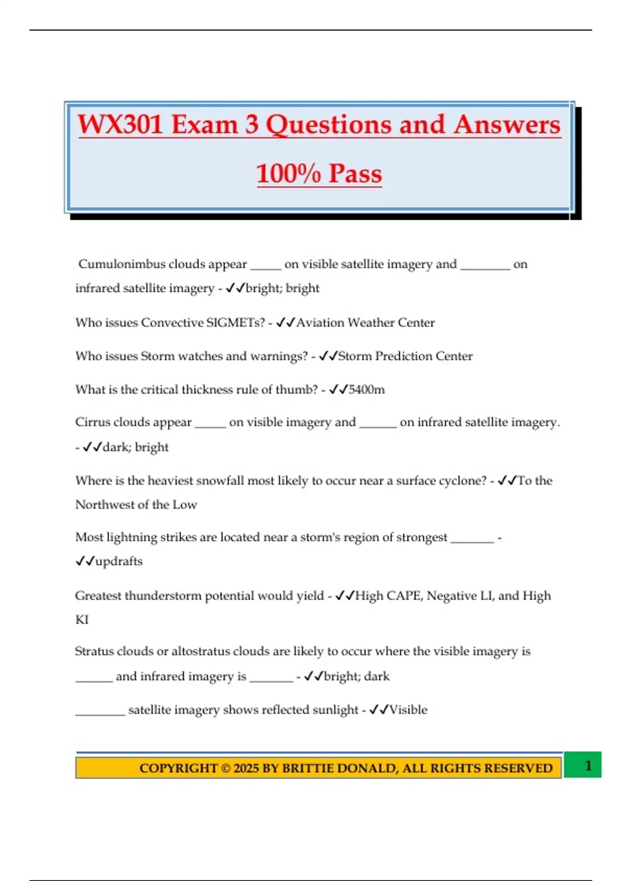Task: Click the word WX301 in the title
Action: [120, 125]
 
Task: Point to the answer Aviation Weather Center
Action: [365, 323]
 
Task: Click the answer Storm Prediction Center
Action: [405, 357]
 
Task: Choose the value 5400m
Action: [366, 390]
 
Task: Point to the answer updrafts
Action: [119, 561]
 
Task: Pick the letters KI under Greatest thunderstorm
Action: [82, 620]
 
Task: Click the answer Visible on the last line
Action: [408, 710]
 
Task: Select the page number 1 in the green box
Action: [588, 765]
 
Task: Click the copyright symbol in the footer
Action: [226, 768]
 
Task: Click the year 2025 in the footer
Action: [246, 768]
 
